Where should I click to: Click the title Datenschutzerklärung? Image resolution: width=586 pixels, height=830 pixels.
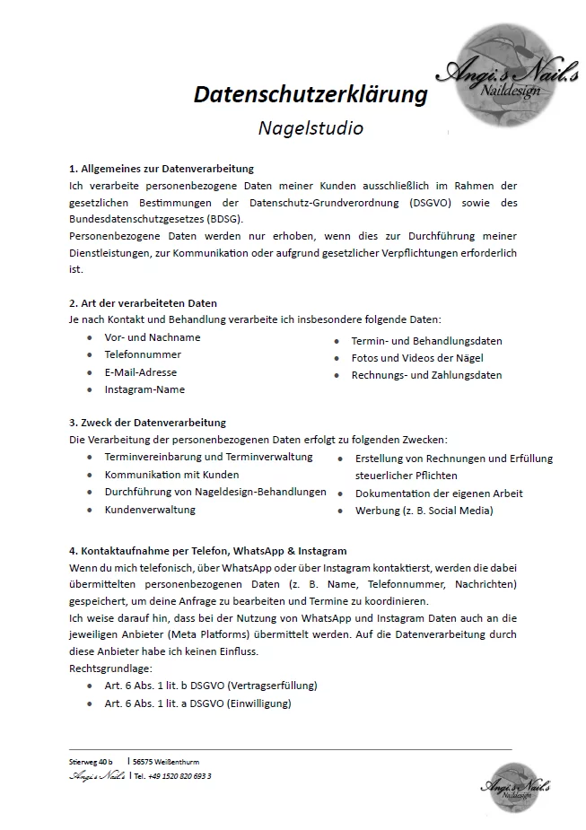click(310, 94)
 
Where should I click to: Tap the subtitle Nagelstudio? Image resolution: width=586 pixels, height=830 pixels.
click(310, 128)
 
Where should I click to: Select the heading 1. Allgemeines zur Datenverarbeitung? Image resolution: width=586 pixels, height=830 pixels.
click(162, 169)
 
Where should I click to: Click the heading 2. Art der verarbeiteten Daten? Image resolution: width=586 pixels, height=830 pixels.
click(143, 303)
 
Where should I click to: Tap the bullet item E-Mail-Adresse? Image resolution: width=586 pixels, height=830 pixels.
click(141, 372)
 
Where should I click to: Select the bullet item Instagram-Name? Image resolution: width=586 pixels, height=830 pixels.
click(144, 389)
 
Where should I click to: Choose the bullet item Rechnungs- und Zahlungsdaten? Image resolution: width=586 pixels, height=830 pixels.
click(426, 375)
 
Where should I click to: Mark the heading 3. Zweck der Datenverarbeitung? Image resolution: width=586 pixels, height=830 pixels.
click(147, 423)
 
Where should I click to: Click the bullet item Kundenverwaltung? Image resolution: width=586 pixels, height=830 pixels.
click(150, 510)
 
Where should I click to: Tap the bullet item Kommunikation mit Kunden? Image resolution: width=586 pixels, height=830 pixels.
click(171, 475)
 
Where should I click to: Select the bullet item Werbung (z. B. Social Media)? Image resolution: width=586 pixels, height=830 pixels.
click(424, 511)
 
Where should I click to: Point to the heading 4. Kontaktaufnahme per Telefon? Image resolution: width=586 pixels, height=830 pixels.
click(207, 551)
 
